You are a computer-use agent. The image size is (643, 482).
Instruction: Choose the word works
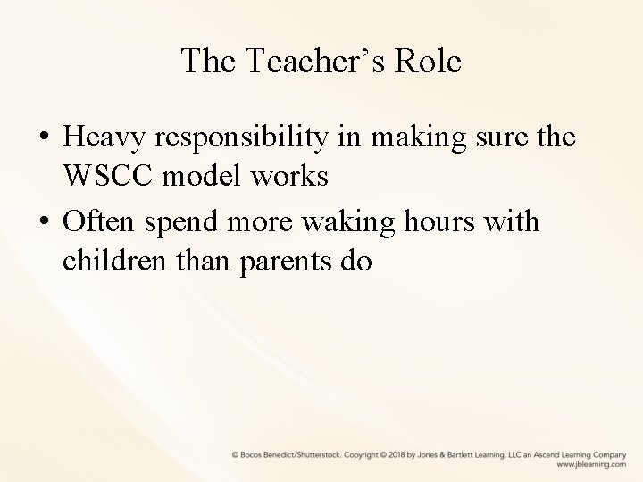[x=296, y=176]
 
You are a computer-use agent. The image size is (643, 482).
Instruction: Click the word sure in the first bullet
[x=497, y=139]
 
